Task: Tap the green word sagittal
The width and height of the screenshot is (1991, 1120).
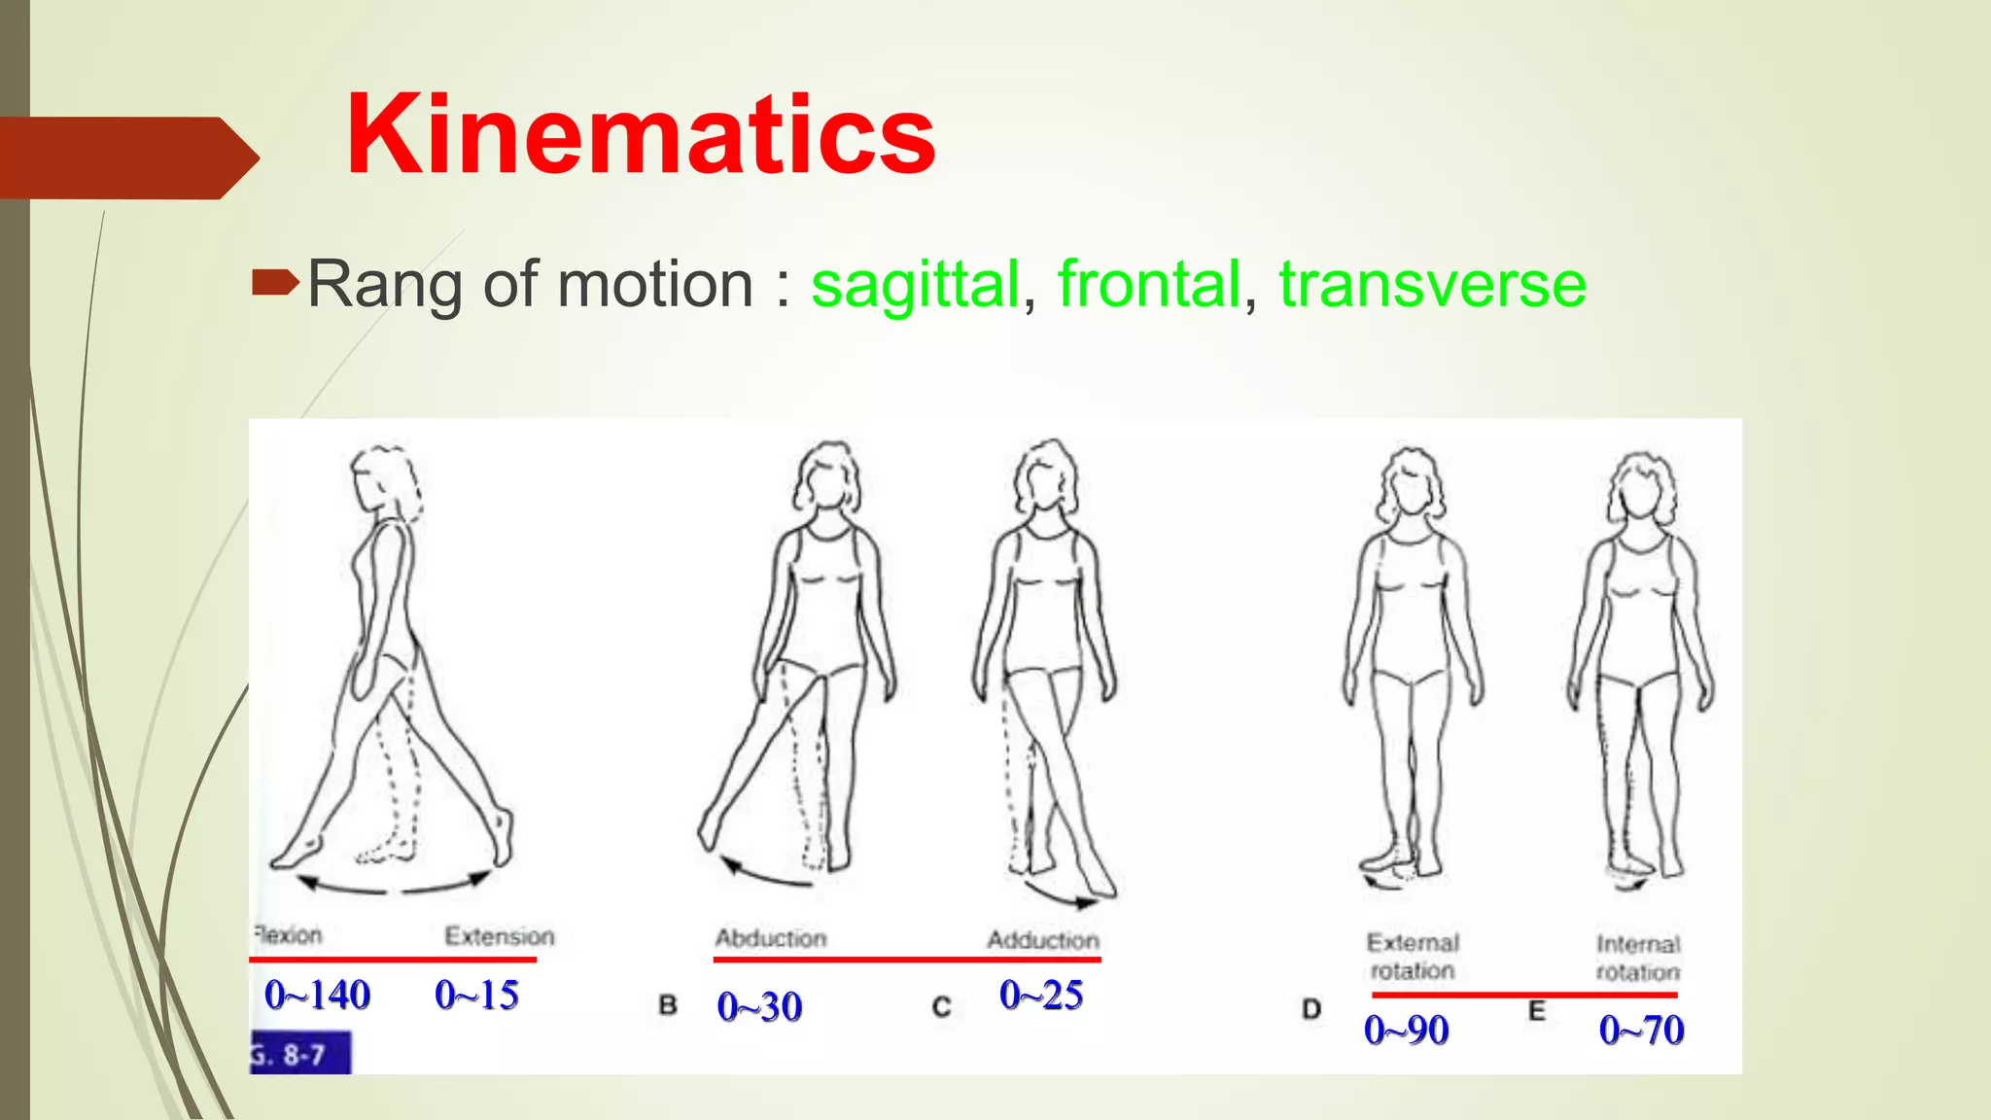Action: click(x=915, y=284)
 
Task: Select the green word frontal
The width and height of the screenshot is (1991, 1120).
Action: click(x=1149, y=284)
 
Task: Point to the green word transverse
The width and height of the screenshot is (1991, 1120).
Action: click(x=1432, y=284)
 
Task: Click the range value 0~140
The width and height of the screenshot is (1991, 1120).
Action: click(x=317, y=995)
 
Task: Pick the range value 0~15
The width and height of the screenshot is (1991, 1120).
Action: click(x=476, y=995)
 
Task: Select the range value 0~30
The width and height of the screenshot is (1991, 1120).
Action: click(x=759, y=1007)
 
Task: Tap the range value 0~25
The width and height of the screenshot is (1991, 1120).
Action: click(x=1041, y=995)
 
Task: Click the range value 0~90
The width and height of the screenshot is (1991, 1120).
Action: click(x=1406, y=1030)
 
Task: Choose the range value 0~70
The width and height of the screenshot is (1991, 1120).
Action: click(x=1641, y=1030)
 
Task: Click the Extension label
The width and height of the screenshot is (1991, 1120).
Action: click(x=500, y=936)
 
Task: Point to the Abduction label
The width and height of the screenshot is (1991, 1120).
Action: click(x=771, y=938)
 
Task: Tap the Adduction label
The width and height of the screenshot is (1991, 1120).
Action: click(x=1043, y=940)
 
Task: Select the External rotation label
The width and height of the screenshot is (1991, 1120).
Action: click(x=1413, y=957)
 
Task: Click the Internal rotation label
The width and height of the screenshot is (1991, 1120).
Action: click(x=1638, y=958)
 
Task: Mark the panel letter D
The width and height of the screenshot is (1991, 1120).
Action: click(x=1311, y=1009)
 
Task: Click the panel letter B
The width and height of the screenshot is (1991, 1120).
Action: click(x=668, y=1004)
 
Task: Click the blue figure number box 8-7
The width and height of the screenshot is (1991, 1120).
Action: click(x=300, y=1054)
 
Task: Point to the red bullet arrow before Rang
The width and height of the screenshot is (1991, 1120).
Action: click(x=275, y=284)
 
